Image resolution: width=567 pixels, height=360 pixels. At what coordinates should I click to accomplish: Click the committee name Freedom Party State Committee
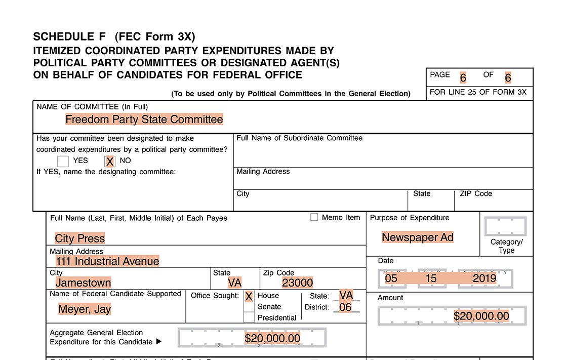click(144, 119)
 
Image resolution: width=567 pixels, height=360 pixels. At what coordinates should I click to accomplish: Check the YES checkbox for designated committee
click(63, 162)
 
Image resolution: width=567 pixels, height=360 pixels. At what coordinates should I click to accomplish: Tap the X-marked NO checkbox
click(109, 162)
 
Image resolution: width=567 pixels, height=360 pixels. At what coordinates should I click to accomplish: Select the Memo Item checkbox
click(314, 217)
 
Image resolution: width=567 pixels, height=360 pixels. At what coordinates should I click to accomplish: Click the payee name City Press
click(80, 238)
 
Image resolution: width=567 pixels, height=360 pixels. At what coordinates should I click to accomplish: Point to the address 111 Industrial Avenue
click(108, 261)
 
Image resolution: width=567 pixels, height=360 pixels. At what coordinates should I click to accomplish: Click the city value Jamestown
click(83, 283)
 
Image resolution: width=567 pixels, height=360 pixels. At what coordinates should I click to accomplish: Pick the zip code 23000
click(298, 283)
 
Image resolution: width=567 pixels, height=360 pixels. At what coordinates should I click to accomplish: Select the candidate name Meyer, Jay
click(85, 309)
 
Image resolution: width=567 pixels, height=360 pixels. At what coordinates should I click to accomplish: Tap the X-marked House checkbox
click(249, 296)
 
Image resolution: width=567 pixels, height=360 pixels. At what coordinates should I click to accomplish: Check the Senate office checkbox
click(249, 307)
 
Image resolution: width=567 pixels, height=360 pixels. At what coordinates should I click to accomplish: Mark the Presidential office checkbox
click(249, 317)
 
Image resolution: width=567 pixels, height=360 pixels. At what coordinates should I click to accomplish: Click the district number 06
click(345, 307)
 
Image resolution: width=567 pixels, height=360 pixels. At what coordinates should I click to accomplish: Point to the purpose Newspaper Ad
click(418, 237)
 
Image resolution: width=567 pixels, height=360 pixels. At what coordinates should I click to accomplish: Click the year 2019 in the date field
click(484, 278)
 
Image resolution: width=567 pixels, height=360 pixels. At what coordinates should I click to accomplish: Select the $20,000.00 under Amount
click(481, 316)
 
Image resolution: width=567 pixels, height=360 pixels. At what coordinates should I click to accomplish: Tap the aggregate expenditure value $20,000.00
click(272, 338)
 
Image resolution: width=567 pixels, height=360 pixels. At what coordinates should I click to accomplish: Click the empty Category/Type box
click(505, 226)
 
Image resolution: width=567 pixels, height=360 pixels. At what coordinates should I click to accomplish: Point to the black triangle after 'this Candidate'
click(158, 342)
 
